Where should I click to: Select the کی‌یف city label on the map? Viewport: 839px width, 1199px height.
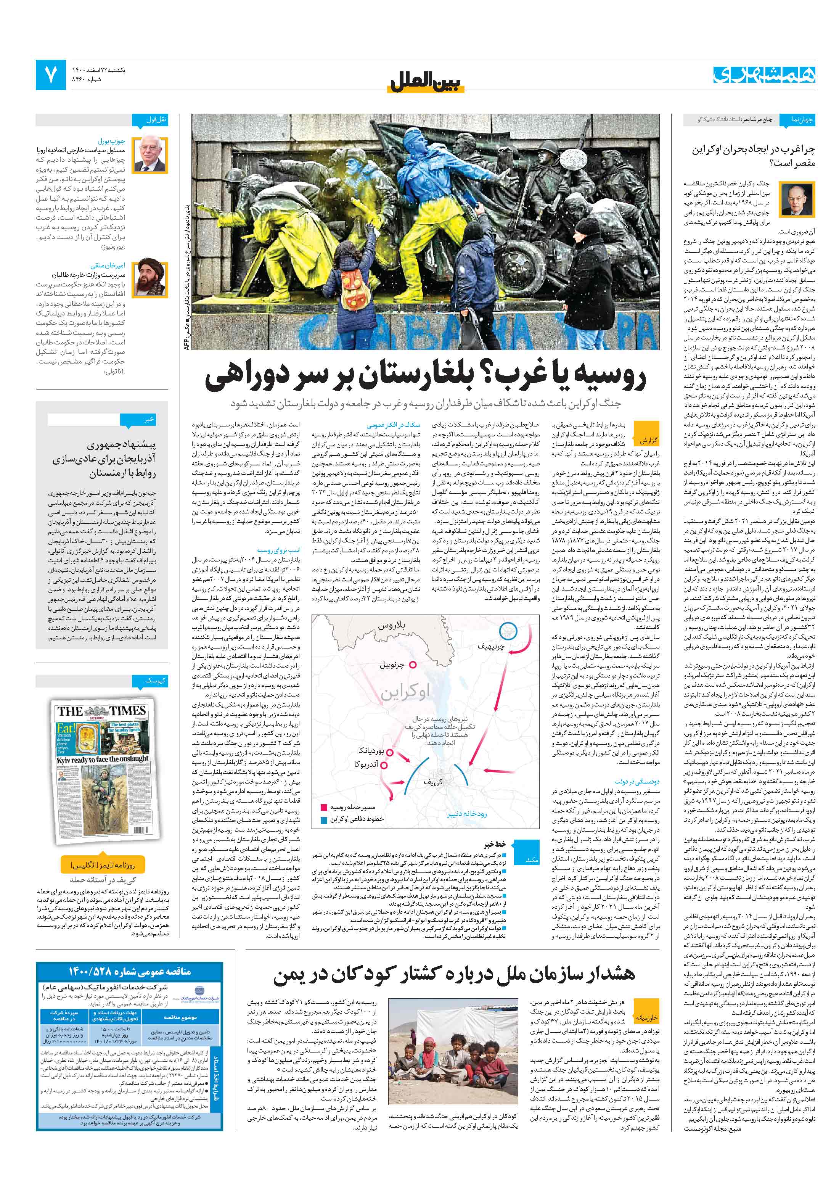coord(433,782)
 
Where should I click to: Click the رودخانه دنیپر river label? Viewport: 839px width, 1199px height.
coord(466,814)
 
